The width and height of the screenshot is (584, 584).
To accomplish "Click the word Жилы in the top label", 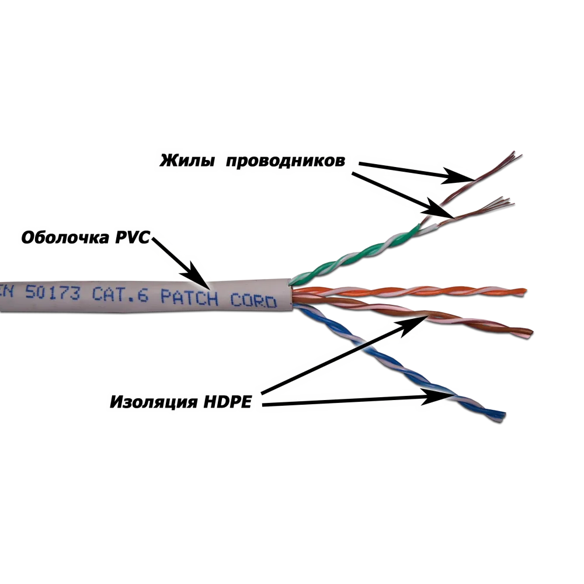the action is coord(187,161).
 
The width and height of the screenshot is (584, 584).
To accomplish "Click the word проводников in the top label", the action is coord(286,161).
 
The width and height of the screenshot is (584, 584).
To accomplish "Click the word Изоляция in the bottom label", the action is coord(154,402).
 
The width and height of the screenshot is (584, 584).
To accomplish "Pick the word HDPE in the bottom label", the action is coord(227,402).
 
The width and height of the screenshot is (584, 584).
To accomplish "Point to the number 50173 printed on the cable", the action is coord(53,293).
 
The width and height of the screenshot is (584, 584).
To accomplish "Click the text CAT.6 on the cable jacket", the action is coord(120,294).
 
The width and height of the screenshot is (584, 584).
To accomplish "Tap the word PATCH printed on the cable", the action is coord(189,297).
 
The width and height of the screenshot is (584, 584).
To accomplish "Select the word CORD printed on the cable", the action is coord(253,300).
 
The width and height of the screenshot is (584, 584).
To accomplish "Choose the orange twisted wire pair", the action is coord(410,291).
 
